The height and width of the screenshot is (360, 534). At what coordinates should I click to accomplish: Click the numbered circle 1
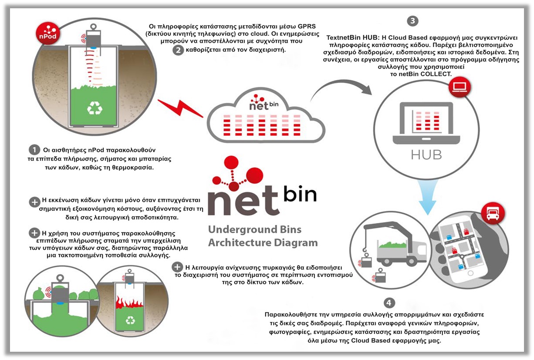(34, 149)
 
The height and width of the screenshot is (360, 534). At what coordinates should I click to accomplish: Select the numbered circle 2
(178, 50)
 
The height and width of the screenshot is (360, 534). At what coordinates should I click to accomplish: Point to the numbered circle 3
(412, 20)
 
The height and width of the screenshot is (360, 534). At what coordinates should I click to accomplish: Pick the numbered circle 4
(389, 303)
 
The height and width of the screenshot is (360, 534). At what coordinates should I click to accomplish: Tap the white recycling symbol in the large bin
(94, 108)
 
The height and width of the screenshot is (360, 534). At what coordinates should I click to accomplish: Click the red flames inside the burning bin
(129, 303)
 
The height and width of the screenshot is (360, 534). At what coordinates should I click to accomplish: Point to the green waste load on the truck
(393, 245)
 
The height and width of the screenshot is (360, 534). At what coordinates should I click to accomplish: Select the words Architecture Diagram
(263, 242)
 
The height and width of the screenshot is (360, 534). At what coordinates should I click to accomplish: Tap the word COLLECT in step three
(437, 74)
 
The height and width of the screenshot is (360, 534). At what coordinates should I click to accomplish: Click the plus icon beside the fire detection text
(177, 267)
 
